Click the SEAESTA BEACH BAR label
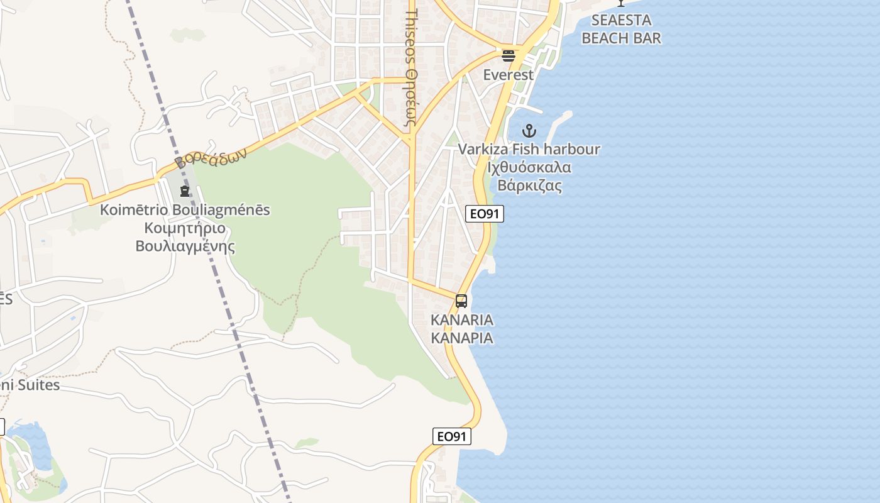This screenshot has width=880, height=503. pos(621,29)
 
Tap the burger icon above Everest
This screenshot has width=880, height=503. pos(509,56)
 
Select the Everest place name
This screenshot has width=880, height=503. pos(508,75)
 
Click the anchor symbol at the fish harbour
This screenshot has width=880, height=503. pos(529,131)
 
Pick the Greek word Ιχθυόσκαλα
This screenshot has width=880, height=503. pos(529,168)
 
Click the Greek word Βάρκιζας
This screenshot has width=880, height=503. pos(529,186)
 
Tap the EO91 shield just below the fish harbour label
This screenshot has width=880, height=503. pos(485,214)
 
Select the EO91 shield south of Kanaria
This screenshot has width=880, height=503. pos(452,436)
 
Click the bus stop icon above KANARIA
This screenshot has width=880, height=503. pos(461,301)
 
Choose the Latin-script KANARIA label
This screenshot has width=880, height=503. pos(462,320)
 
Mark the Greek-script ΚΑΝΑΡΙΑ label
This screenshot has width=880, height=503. pos(462,338)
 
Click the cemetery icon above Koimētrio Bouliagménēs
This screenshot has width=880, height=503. pos(185,191)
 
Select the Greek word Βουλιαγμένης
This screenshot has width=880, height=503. pos(185,246)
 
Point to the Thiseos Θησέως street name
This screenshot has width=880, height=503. pos(412,69)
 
